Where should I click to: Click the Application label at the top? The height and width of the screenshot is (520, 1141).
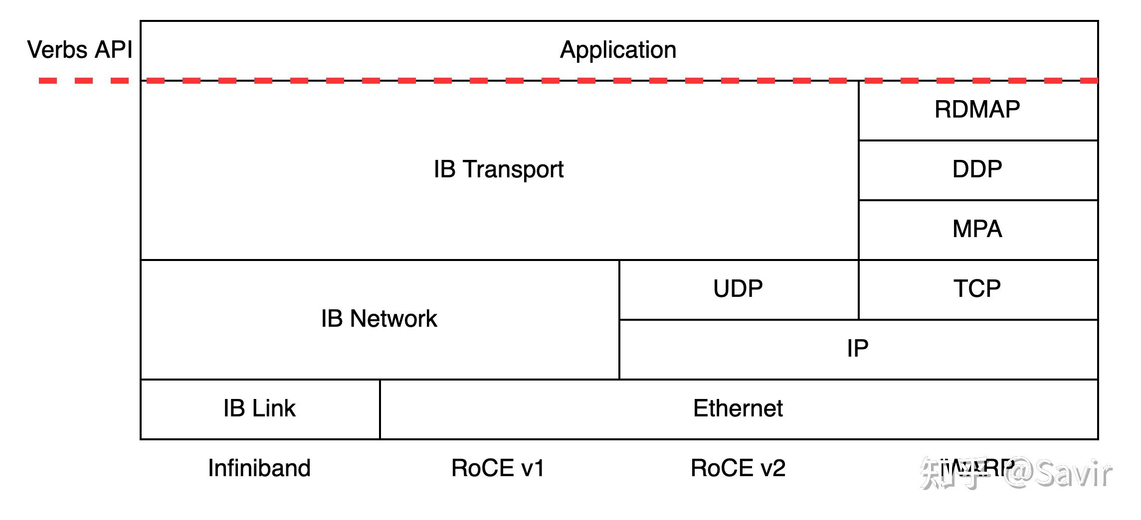(618, 50)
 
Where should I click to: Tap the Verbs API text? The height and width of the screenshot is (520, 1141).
(80, 50)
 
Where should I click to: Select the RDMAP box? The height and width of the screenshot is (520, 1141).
(977, 110)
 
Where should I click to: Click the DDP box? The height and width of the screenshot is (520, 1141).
(977, 169)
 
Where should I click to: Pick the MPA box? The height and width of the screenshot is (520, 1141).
(977, 229)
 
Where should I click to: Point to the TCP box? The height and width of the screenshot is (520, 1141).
(977, 289)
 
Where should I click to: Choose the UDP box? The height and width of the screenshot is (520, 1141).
(738, 289)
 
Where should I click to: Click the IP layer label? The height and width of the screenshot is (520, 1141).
(857, 348)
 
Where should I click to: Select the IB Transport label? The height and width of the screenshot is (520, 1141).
(499, 169)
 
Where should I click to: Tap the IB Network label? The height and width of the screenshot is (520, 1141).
(379, 319)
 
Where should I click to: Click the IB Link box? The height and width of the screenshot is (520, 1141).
(259, 408)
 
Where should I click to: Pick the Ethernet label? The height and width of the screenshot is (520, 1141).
(738, 408)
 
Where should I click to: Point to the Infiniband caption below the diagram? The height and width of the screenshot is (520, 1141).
(259, 468)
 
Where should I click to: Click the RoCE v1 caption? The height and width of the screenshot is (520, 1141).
(498, 468)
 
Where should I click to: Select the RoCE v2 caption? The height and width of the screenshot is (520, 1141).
(738, 468)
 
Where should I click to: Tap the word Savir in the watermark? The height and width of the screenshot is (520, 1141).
(1072, 473)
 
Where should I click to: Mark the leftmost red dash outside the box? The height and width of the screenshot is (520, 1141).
(48, 81)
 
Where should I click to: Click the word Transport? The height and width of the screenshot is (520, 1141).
(514, 169)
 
